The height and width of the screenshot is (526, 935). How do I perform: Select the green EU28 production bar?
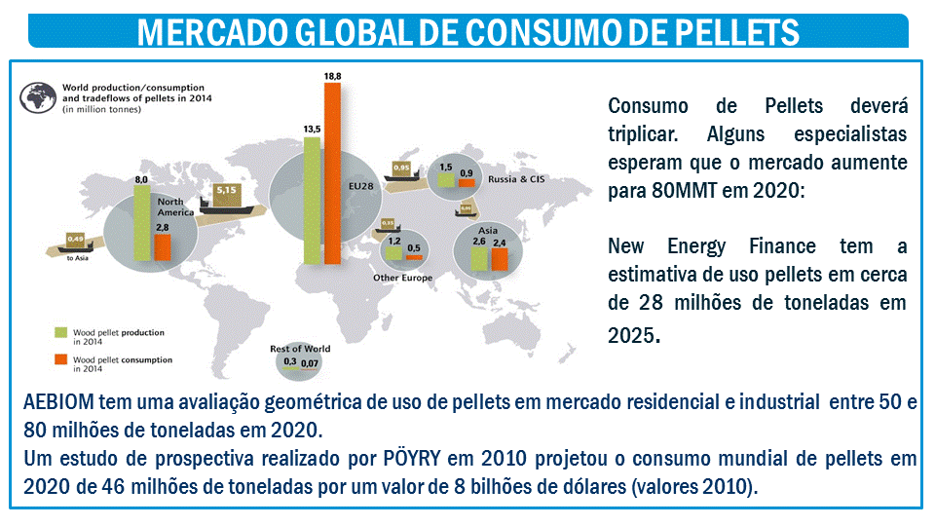point(312,200)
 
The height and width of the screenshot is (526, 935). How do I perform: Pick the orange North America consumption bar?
point(162,246)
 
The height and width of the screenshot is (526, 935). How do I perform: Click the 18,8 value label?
point(333,75)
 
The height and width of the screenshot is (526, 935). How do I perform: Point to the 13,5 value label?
point(312,129)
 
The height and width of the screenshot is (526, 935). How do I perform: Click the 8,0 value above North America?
point(141,180)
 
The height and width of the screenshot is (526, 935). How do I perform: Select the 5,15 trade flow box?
point(228,189)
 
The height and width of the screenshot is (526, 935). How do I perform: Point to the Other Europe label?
point(402,278)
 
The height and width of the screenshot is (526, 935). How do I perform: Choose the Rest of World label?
point(300,348)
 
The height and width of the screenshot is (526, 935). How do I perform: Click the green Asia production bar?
point(479,258)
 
